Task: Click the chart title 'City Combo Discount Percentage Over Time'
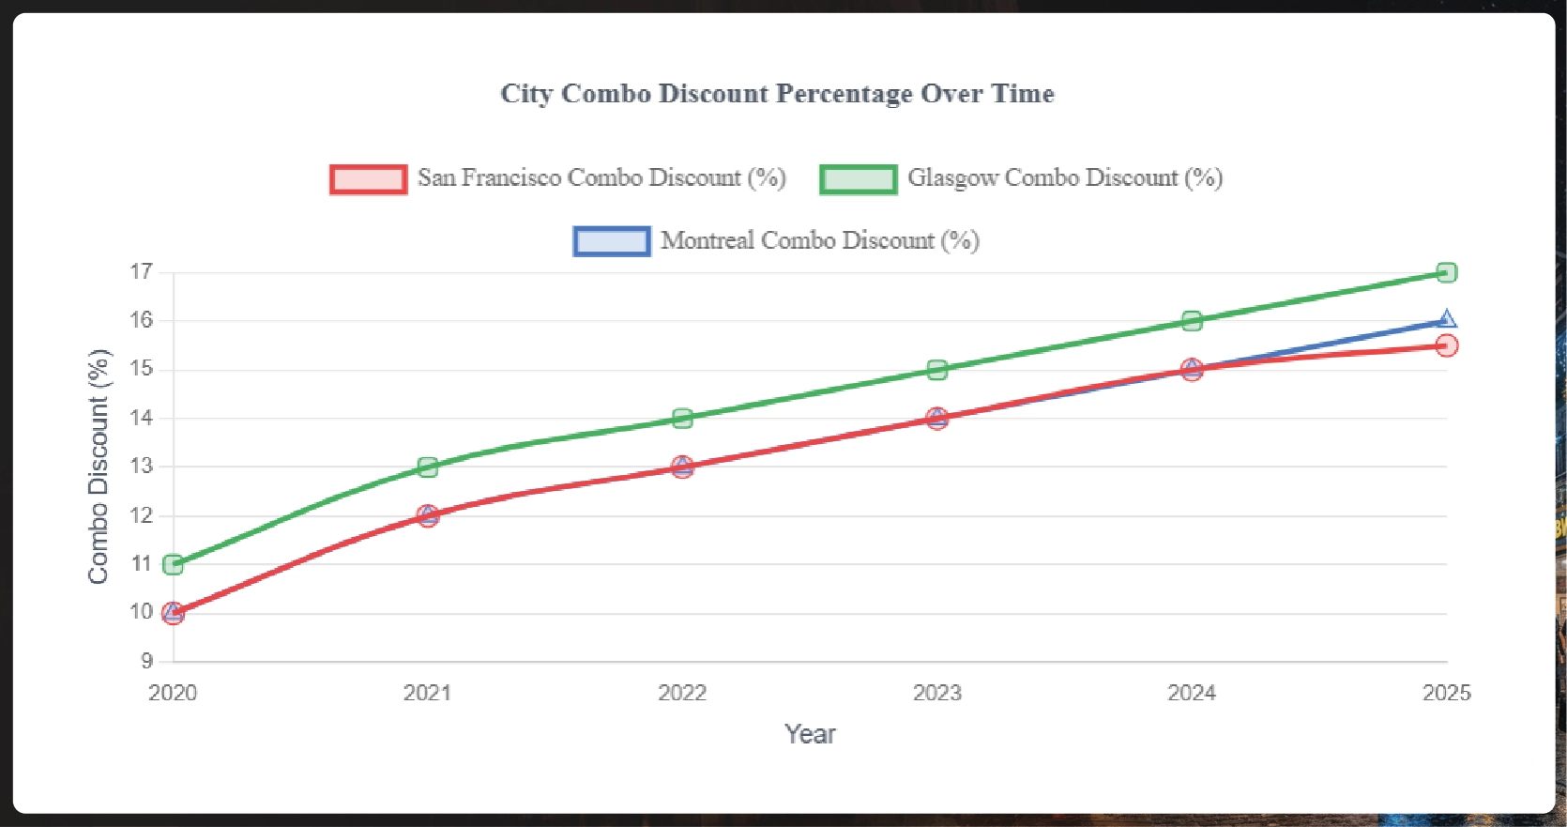click(x=777, y=94)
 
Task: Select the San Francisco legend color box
click(x=369, y=178)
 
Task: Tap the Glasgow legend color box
click(x=859, y=178)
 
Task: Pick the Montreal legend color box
click(x=612, y=241)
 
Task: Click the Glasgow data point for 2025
click(x=1447, y=272)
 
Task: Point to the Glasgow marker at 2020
click(x=173, y=564)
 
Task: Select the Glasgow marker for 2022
click(x=682, y=418)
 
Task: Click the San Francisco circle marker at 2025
click(x=1447, y=345)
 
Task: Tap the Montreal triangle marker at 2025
click(x=1447, y=320)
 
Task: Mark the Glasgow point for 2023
click(x=936, y=369)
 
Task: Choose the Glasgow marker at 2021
click(x=428, y=467)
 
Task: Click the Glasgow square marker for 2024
click(x=1192, y=321)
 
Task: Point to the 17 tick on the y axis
click(x=142, y=272)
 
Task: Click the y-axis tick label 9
click(x=147, y=661)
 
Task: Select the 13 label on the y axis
click(x=142, y=467)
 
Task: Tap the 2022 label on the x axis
click(x=682, y=693)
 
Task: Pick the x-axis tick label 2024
click(x=1192, y=693)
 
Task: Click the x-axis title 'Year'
click(x=810, y=734)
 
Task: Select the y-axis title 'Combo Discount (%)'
click(x=99, y=467)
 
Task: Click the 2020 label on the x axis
click(x=173, y=693)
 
